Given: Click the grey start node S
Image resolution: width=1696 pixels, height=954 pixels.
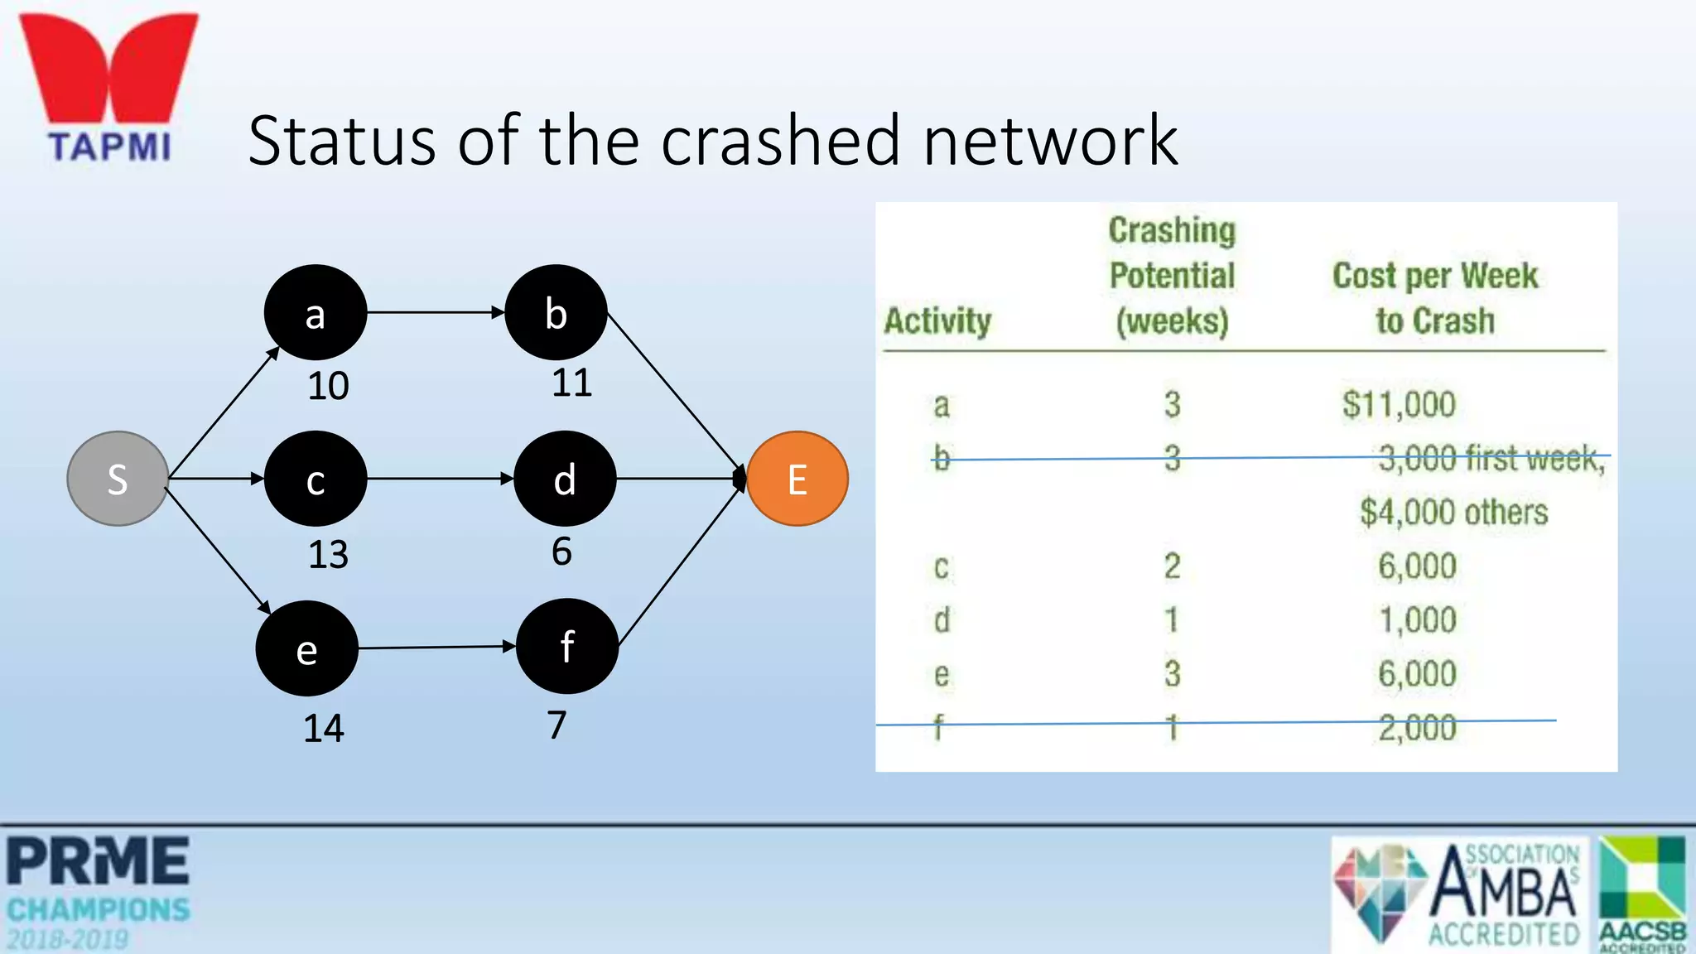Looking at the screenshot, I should [118, 479].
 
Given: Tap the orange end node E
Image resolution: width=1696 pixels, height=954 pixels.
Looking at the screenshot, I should [797, 479].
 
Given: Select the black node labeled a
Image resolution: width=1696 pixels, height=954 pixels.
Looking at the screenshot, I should [315, 313].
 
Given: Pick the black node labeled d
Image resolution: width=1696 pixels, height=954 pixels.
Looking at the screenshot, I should [565, 479].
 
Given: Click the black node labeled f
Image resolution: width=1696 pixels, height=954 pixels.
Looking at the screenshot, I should [566, 646].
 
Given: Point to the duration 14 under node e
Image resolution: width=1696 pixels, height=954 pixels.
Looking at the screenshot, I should [323, 729].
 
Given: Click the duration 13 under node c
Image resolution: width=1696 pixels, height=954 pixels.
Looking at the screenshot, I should [328, 554].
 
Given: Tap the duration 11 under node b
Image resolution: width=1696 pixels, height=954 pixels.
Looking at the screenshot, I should [571, 383].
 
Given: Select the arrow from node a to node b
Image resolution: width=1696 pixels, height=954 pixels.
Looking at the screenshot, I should [436, 312].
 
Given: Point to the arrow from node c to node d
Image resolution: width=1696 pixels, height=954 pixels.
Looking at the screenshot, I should [440, 479].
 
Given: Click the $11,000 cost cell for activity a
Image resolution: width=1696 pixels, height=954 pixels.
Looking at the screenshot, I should [1399, 405].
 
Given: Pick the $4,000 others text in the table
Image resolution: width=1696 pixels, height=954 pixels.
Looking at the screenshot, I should [1453, 512].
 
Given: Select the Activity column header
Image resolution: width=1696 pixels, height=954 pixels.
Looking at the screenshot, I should [937, 320].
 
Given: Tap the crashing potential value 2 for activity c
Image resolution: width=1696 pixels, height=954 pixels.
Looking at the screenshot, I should [1172, 566].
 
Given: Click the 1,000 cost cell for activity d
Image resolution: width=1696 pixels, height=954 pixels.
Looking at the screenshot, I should [1417, 620].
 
